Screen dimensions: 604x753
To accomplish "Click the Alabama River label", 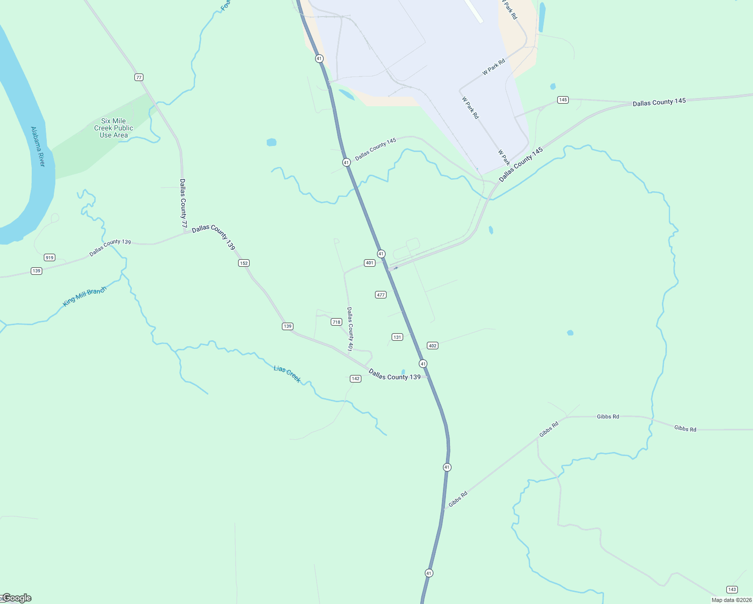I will coord(38,147).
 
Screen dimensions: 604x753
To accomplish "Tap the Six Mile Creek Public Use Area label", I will coord(114,128).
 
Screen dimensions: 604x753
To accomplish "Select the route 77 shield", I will coord(139,78).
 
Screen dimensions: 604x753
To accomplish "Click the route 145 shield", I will coord(563,100).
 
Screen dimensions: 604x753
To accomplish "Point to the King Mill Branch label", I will coord(85,296).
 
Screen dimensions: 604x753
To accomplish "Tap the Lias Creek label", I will coord(287,374).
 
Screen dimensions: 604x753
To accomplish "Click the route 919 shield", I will coord(49,258).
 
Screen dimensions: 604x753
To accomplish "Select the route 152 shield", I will coord(244,263).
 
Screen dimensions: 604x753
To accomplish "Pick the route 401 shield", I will coord(369,263).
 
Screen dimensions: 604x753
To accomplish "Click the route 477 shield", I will coord(381,294).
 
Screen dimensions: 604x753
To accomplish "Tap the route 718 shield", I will coord(336,322).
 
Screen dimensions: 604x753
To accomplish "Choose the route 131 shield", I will coord(397,337).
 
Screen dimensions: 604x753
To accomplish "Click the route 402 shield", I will coord(432,346).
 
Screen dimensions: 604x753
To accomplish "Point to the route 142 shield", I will coord(355,379).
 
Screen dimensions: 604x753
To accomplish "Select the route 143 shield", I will coord(732,589).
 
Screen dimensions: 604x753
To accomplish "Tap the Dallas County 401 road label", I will coord(350,329).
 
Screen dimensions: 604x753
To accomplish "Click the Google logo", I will coord(17,598).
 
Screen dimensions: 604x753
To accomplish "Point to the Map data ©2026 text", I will coord(731,600).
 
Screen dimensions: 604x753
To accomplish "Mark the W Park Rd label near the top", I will coord(493,67).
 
